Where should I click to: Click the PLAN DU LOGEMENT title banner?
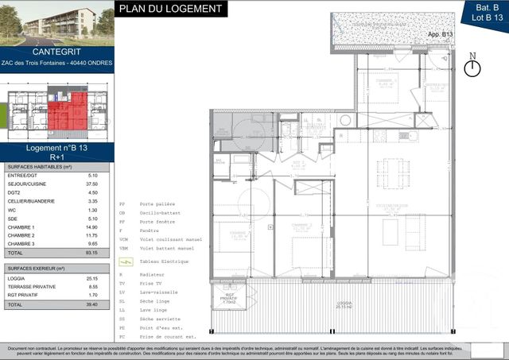click(x=170, y=9)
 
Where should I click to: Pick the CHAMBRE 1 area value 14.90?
click(x=91, y=226)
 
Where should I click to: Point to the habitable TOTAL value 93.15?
click(x=91, y=252)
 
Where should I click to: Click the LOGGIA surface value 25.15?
click(x=91, y=278)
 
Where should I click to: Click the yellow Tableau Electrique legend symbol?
click(x=124, y=261)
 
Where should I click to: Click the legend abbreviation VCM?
click(x=123, y=238)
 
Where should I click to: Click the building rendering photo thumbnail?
click(x=57, y=21)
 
